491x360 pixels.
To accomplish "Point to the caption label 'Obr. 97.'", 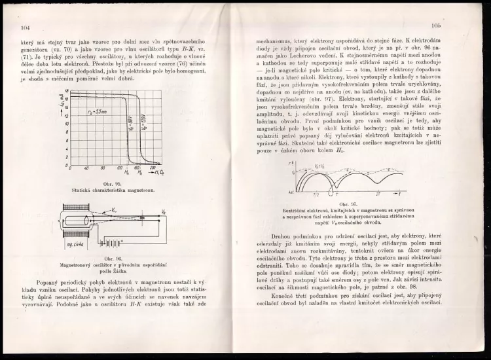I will point(348,204).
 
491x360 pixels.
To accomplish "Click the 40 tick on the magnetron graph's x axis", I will point(88,168).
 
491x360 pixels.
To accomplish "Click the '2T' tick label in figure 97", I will point(377,195).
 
